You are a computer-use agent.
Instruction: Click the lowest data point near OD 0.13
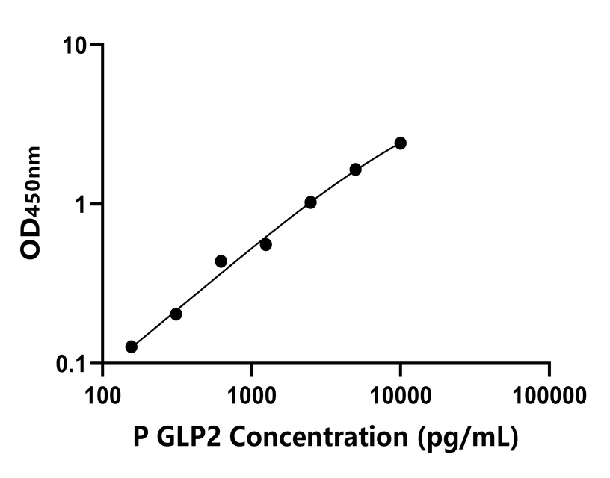(132, 347)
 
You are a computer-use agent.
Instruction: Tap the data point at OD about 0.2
(176, 314)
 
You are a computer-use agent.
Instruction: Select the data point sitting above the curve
(221, 261)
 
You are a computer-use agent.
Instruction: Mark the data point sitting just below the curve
(265, 244)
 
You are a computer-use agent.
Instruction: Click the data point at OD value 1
(310, 202)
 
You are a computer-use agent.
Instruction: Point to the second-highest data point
(355, 170)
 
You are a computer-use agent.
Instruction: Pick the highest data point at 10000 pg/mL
(401, 143)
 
